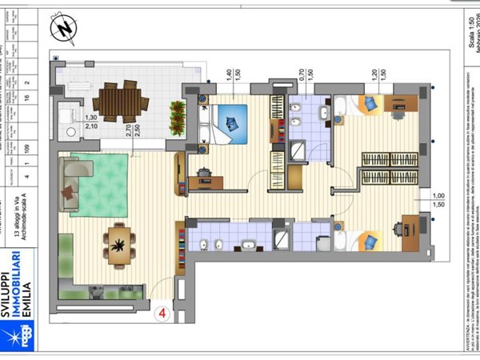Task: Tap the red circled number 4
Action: (x=163, y=314)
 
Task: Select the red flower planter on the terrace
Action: (x=177, y=117)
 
